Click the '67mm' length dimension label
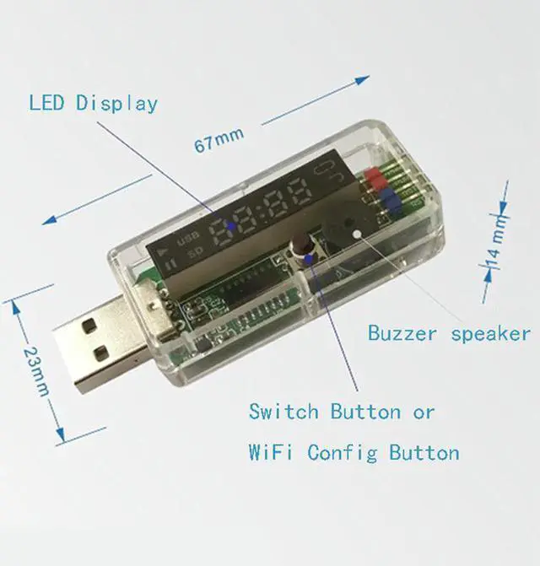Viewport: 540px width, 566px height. click(219, 138)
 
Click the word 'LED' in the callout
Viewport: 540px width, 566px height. click(49, 104)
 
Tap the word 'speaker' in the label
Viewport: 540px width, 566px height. click(490, 333)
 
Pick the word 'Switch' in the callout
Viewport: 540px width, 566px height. click(284, 412)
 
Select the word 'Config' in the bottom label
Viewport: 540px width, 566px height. click(342, 453)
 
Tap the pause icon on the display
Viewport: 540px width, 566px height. click(171, 265)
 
